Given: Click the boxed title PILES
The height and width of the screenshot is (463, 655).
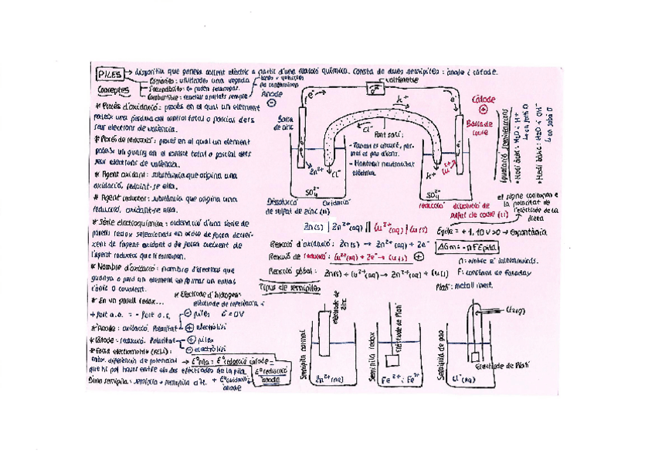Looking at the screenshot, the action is pos(109,73).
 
